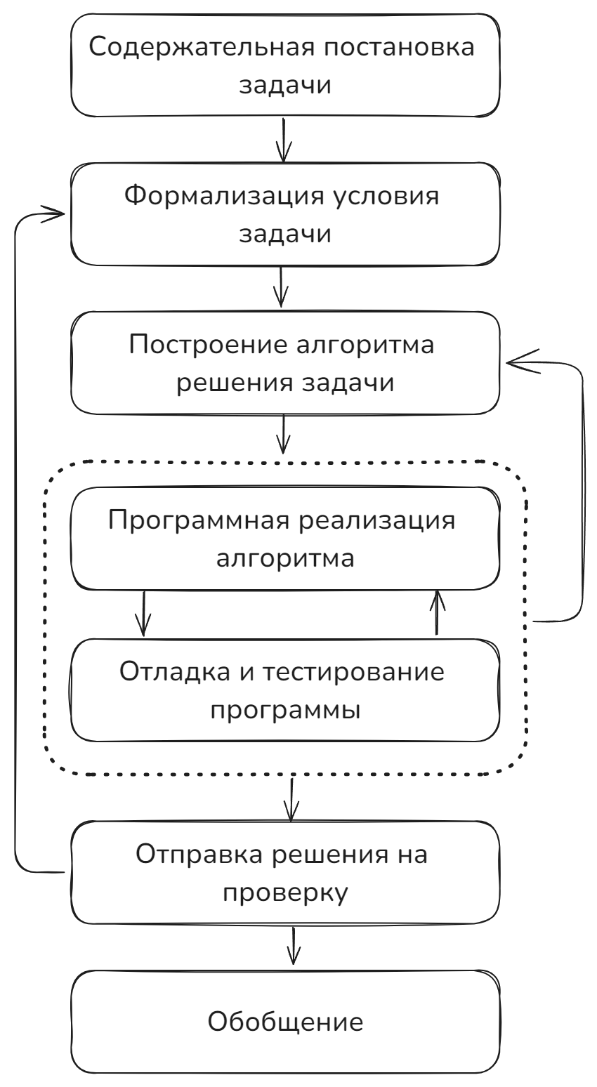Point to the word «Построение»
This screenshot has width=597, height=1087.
point(209,345)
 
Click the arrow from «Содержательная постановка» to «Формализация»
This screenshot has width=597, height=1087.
point(284,140)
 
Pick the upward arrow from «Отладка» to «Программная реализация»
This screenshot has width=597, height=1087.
point(437,612)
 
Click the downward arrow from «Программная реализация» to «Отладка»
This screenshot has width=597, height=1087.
point(143,614)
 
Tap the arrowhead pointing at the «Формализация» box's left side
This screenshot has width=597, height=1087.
point(53,213)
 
